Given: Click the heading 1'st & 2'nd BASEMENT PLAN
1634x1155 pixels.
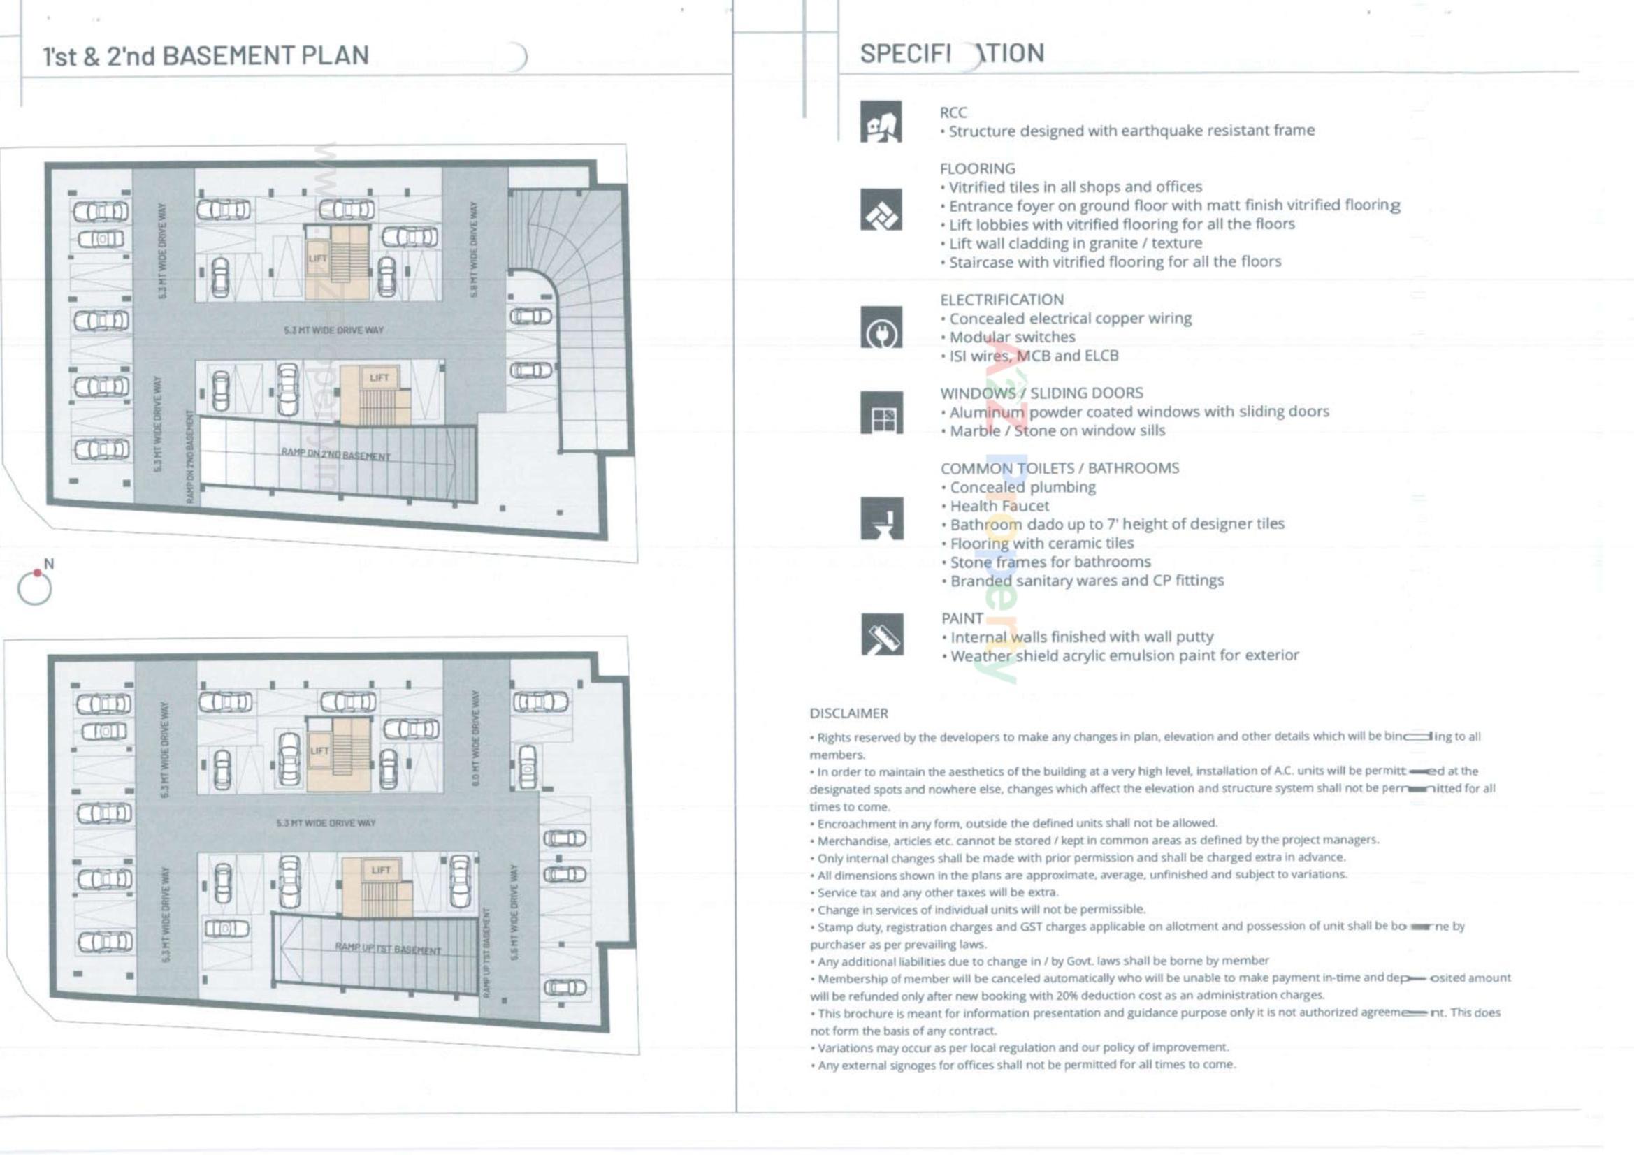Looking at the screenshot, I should click(x=205, y=55).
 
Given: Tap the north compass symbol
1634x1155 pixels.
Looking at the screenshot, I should click(x=35, y=588).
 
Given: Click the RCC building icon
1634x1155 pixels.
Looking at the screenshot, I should click(x=881, y=122).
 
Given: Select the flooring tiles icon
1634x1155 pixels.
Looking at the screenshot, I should click(x=881, y=209).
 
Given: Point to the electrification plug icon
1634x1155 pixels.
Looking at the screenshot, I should click(x=881, y=328).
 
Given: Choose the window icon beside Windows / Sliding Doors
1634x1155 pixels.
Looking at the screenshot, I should click(x=882, y=413).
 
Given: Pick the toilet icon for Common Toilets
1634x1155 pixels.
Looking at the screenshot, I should click(x=882, y=518).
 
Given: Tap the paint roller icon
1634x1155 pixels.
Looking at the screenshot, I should click(x=882, y=634).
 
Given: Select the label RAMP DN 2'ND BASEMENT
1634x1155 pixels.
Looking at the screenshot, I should click(x=335, y=454).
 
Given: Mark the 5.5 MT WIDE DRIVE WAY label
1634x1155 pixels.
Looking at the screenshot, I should click(x=514, y=912).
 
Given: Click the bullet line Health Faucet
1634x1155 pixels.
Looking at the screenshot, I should click(x=999, y=506).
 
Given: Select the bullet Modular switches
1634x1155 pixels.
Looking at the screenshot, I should click(x=1011, y=337).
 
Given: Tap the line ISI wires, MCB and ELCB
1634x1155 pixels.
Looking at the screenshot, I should click(x=1034, y=355).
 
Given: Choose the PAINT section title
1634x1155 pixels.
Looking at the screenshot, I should click(x=962, y=618).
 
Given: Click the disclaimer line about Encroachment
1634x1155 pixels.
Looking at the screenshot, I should click(x=1017, y=823).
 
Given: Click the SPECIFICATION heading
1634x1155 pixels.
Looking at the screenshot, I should click(x=951, y=53).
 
